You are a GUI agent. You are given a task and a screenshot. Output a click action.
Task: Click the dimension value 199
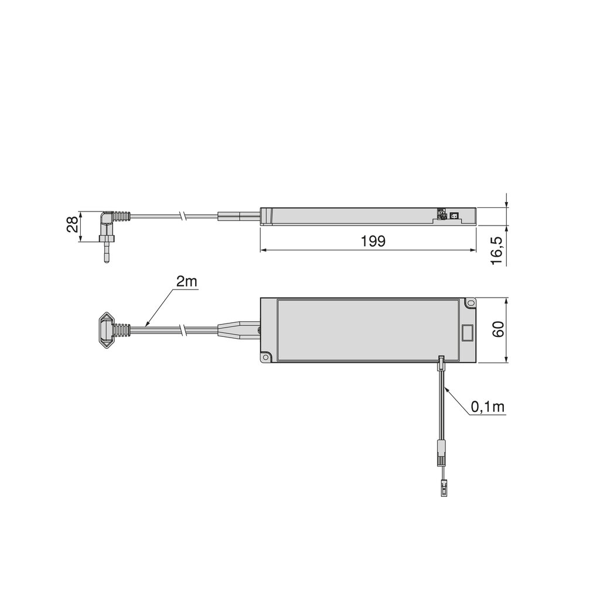pyautogui.click(x=373, y=241)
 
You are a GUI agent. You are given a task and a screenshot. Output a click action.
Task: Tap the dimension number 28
pyautogui.click(x=73, y=226)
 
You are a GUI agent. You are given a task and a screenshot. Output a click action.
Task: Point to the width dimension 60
pyautogui.click(x=498, y=329)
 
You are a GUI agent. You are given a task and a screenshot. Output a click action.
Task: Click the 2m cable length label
pyautogui.click(x=187, y=282)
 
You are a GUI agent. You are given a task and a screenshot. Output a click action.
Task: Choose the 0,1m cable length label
pyautogui.click(x=488, y=406)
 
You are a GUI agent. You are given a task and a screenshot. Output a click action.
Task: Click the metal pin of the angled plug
pyautogui.click(x=105, y=253)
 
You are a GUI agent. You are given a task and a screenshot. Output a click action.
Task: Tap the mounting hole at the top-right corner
pyautogui.click(x=469, y=303)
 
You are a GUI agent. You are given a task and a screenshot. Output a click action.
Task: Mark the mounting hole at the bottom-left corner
pyautogui.click(x=266, y=356)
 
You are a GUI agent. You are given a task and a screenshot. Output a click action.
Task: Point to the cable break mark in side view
pyautogui.click(x=184, y=216)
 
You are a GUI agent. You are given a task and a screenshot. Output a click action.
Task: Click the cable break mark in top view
pyautogui.click(x=184, y=330)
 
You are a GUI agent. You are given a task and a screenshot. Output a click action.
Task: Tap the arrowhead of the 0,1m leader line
pyautogui.click(x=447, y=389)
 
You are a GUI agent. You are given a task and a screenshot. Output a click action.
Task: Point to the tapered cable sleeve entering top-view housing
pyautogui.click(x=237, y=329)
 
